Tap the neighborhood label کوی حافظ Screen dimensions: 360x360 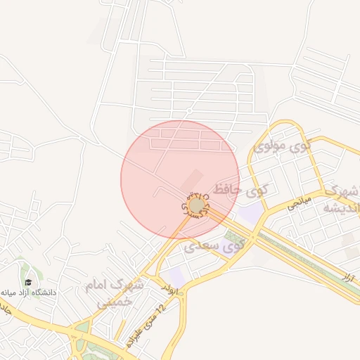[241, 189]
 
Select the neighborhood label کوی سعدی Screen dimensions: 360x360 [215, 246]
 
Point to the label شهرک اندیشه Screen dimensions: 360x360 [340, 200]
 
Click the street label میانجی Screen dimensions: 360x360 [297, 202]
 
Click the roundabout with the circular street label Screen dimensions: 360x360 [197, 205]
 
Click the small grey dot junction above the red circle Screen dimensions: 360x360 [189, 111]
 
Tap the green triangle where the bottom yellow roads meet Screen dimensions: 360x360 [82, 328]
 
